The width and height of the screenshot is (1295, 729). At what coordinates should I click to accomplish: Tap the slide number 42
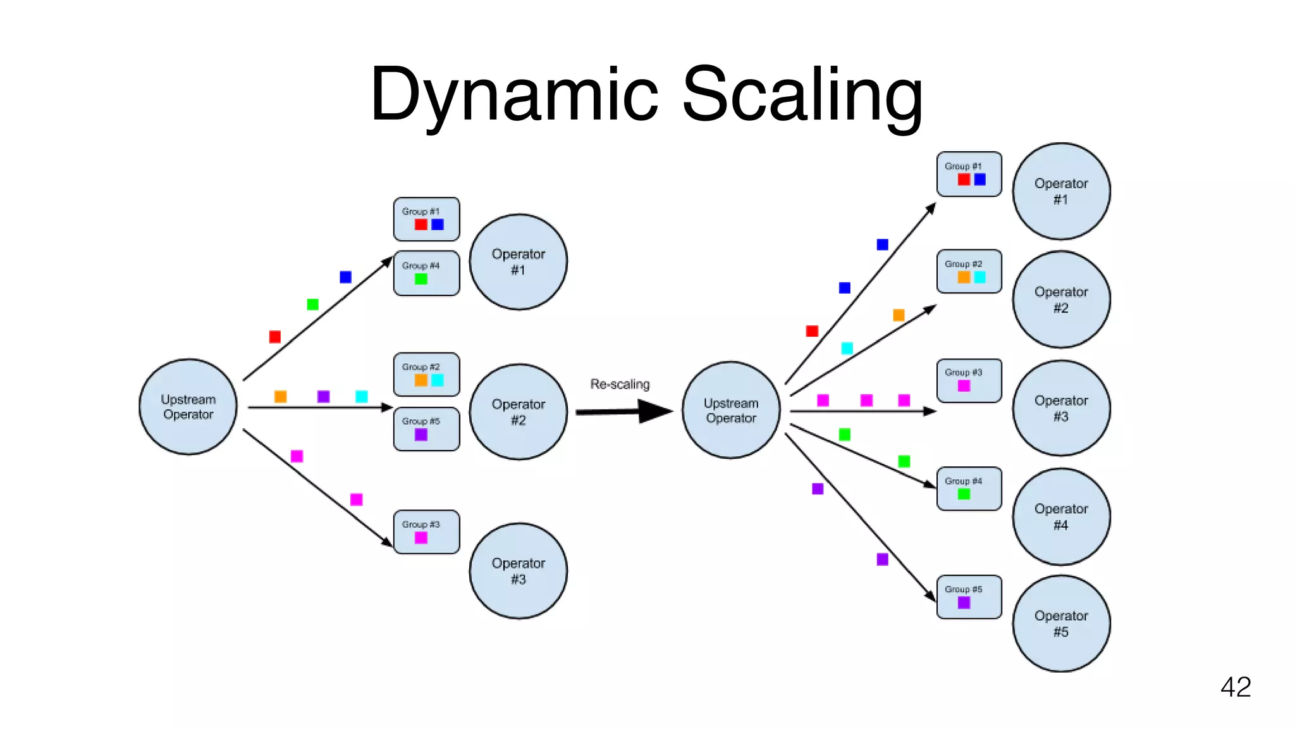click(x=1236, y=687)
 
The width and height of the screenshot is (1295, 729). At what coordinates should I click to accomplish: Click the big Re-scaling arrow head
click(x=656, y=411)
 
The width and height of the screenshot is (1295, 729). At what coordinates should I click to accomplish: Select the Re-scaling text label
click(x=620, y=384)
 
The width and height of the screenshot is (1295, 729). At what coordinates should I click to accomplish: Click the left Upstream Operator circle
click(x=188, y=407)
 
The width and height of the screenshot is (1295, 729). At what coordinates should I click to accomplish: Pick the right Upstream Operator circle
click(x=731, y=410)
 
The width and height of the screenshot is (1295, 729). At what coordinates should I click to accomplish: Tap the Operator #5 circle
click(x=1061, y=623)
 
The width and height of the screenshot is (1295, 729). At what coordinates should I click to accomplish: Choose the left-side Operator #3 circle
click(x=518, y=571)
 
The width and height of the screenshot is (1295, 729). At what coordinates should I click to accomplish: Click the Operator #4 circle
click(x=1061, y=516)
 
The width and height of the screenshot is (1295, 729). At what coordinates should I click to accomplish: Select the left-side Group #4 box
click(x=426, y=273)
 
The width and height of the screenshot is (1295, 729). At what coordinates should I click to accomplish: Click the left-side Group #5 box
click(x=426, y=429)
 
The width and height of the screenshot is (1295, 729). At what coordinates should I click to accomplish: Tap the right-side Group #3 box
click(x=969, y=380)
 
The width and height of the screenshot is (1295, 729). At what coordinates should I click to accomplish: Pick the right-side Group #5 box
click(x=969, y=597)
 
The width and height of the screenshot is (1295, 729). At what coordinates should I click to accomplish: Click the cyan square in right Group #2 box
click(x=979, y=277)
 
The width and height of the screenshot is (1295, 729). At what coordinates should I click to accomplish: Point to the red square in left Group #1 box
click(x=421, y=225)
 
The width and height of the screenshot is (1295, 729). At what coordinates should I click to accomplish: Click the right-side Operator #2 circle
click(x=1061, y=299)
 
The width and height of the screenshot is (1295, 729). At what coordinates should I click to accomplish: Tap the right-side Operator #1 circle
click(x=1061, y=191)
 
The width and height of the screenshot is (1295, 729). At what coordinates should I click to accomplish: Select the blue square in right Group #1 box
click(x=979, y=180)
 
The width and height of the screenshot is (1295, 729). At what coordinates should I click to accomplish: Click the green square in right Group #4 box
click(x=964, y=494)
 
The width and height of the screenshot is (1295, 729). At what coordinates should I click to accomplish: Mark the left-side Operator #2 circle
click(x=518, y=412)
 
